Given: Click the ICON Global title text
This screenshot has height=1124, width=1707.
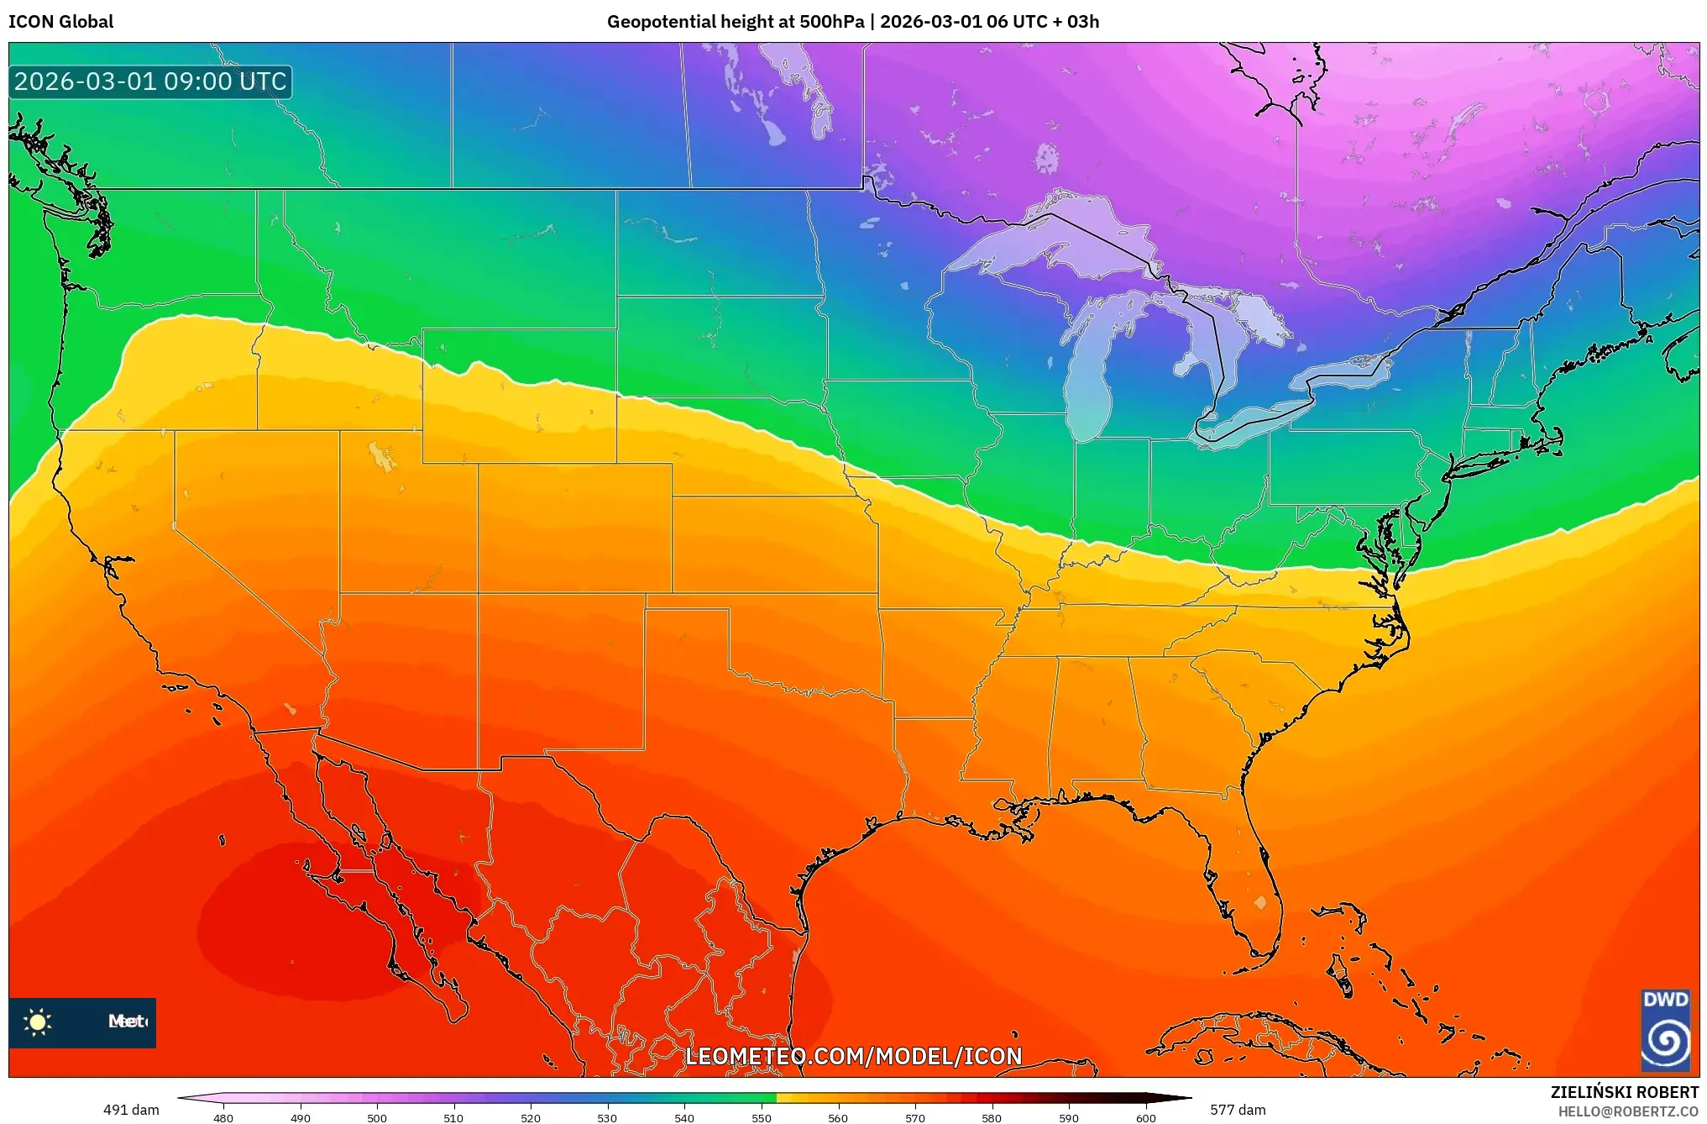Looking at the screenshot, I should tap(60, 22).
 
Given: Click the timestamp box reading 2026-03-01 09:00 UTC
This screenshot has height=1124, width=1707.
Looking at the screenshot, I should tap(150, 81).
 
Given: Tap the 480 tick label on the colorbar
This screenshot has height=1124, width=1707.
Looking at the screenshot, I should tap(223, 1118).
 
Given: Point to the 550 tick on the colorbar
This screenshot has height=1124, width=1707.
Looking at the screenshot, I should tap(762, 1118).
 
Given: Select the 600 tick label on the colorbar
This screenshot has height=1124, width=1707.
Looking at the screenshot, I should tap(1145, 1118).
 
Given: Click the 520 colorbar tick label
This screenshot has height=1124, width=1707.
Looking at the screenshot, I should tap(531, 1118).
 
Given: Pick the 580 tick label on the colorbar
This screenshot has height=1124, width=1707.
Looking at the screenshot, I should tap(992, 1118).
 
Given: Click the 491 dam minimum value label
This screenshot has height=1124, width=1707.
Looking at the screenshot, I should tap(131, 1110).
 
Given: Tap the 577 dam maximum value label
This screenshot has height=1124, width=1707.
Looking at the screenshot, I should tap(1238, 1110).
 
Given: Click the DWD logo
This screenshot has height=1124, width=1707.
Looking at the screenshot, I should tap(1665, 1029).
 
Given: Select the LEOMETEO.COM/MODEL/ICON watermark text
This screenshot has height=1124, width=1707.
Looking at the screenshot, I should tap(854, 1056).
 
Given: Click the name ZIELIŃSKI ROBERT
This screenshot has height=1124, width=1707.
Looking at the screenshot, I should tap(1624, 1092).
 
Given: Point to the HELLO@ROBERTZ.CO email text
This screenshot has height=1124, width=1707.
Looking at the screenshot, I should tap(1628, 1111).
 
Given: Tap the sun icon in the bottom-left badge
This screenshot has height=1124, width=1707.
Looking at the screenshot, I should tap(38, 1022).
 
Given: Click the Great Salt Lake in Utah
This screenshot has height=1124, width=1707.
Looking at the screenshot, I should tap(383, 458).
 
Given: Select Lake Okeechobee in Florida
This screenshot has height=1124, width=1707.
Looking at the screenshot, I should tap(1259, 903).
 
